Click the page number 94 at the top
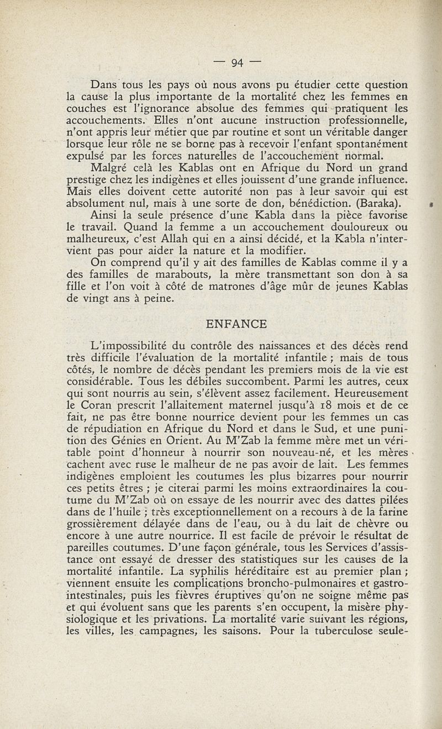pos(238,62)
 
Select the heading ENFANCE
pos(236,324)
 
